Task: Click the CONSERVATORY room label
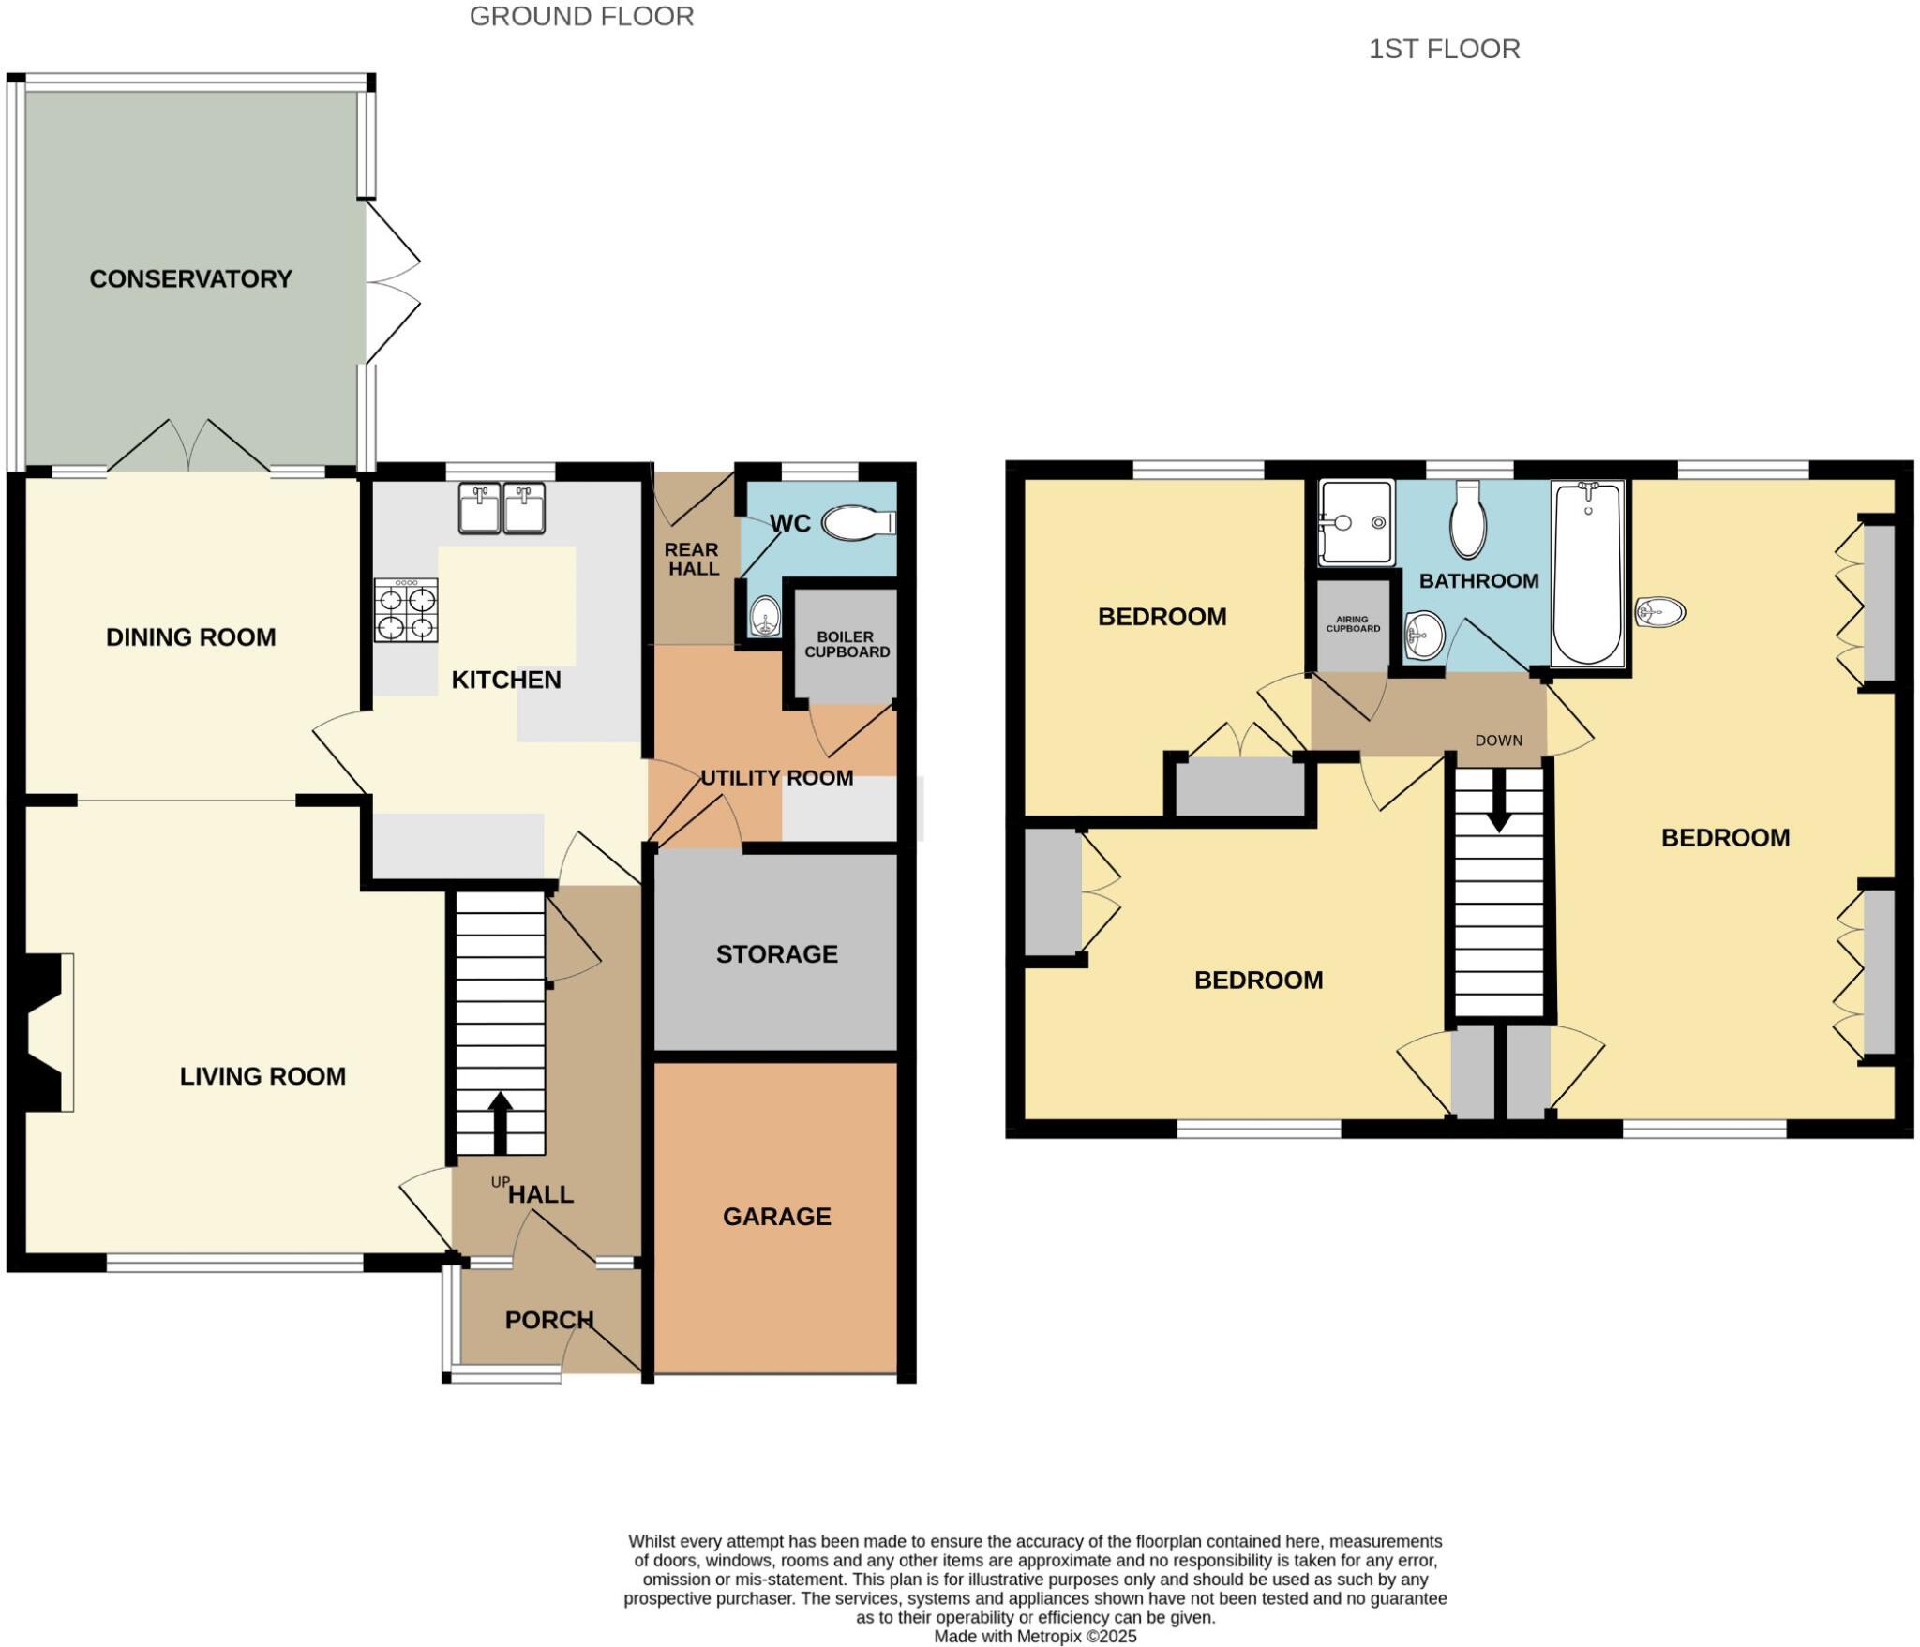click(x=190, y=278)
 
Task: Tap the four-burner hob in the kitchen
click(x=406, y=610)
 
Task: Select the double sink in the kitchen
click(x=502, y=507)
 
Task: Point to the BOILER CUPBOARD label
click(x=847, y=644)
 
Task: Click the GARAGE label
click(x=776, y=1217)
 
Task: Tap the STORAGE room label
click(x=776, y=954)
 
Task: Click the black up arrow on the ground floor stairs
click(x=499, y=1122)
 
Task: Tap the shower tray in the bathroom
click(x=1356, y=523)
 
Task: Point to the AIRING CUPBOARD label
click(x=1352, y=623)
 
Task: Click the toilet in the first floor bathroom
click(x=1467, y=520)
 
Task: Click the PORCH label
click(x=548, y=1320)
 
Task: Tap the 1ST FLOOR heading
click(x=1444, y=49)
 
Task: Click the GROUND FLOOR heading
click(x=581, y=17)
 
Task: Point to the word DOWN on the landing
click(x=1498, y=741)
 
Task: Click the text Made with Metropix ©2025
click(x=1035, y=1637)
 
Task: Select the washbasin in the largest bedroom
click(x=1659, y=612)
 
